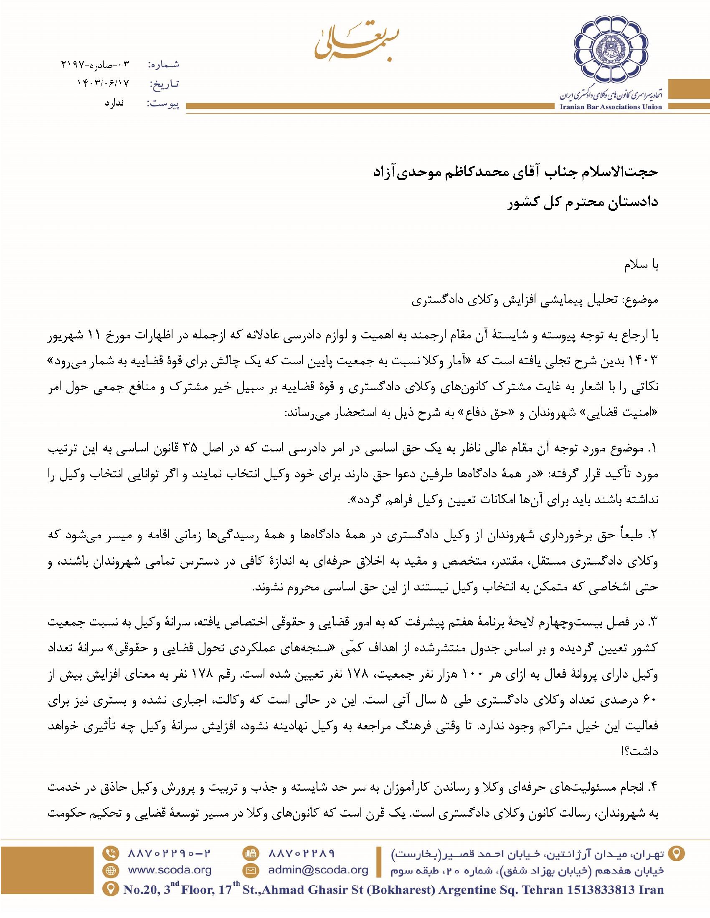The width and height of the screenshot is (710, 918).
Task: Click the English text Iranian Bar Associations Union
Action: (x=611, y=107)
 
